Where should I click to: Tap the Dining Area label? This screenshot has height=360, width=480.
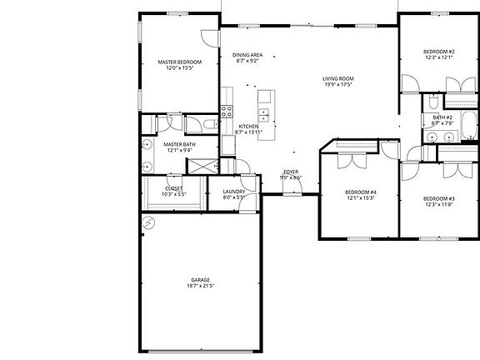pos(247,55)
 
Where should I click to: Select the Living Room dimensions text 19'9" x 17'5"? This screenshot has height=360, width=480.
pos(338,85)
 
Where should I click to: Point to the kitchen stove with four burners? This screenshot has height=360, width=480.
pos(226,113)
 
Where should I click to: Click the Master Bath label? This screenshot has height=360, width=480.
pos(178,144)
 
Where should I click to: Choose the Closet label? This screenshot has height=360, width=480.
pos(174,188)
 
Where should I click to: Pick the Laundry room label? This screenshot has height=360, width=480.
pos(233,192)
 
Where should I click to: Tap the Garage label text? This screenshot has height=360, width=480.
pos(200,279)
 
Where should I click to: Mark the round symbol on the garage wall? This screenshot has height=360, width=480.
pos(147,223)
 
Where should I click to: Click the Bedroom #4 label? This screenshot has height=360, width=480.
pos(361,192)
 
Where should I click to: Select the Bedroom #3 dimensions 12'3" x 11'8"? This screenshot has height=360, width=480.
pos(438,204)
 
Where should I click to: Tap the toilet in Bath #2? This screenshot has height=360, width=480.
pos(433,104)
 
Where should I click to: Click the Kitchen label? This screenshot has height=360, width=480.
pos(247,127)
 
